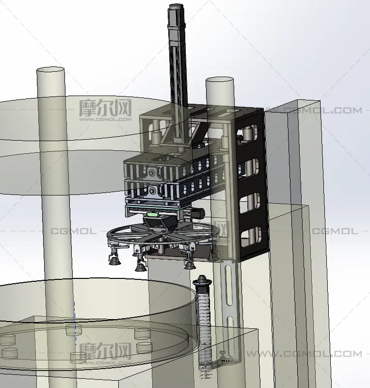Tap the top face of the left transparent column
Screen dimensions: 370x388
coord(50,70)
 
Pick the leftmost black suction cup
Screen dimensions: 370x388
coord(114,260)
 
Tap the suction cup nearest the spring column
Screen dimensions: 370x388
coord(190,265)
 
